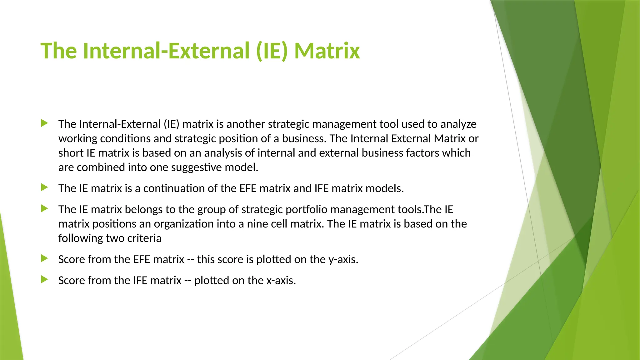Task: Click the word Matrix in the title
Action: point(327,51)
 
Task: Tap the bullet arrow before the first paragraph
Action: point(44,123)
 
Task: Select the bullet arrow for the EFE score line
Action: point(44,258)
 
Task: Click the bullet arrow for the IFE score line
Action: point(44,279)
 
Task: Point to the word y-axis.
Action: point(343,259)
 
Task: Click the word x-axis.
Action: point(281,280)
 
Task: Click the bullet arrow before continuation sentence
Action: point(44,187)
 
